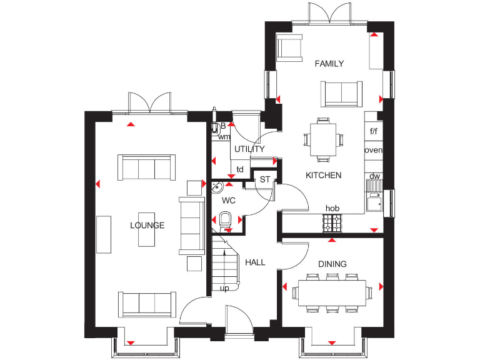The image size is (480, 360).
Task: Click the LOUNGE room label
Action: click(x=147, y=225)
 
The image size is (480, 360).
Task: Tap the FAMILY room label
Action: click(x=329, y=64)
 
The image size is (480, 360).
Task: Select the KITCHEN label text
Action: click(x=323, y=176)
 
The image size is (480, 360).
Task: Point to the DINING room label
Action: click(x=332, y=264)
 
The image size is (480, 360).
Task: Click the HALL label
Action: click(x=255, y=262)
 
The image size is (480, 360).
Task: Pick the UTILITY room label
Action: click(x=249, y=149)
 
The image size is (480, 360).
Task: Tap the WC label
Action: click(x=228, y=201)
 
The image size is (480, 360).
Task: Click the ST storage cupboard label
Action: click(x=264, y=180)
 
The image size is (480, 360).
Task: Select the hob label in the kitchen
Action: click(x=332, y=209)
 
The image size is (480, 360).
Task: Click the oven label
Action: click(x=373, y=151)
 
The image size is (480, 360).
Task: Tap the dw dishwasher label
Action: click(x=374, y=176)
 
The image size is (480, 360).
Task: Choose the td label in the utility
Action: click(x=240, y=169)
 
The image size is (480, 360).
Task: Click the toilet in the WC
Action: click(x=227, y=219)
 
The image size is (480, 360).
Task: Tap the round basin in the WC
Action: click(x=217, y=187)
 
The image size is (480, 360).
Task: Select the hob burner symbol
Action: click(x=332, y=221)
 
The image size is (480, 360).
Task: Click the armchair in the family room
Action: click(x=289, y=48)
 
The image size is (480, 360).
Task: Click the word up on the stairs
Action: click(x=224, y=289)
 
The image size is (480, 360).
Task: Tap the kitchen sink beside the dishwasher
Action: click(x=374, y=202)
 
